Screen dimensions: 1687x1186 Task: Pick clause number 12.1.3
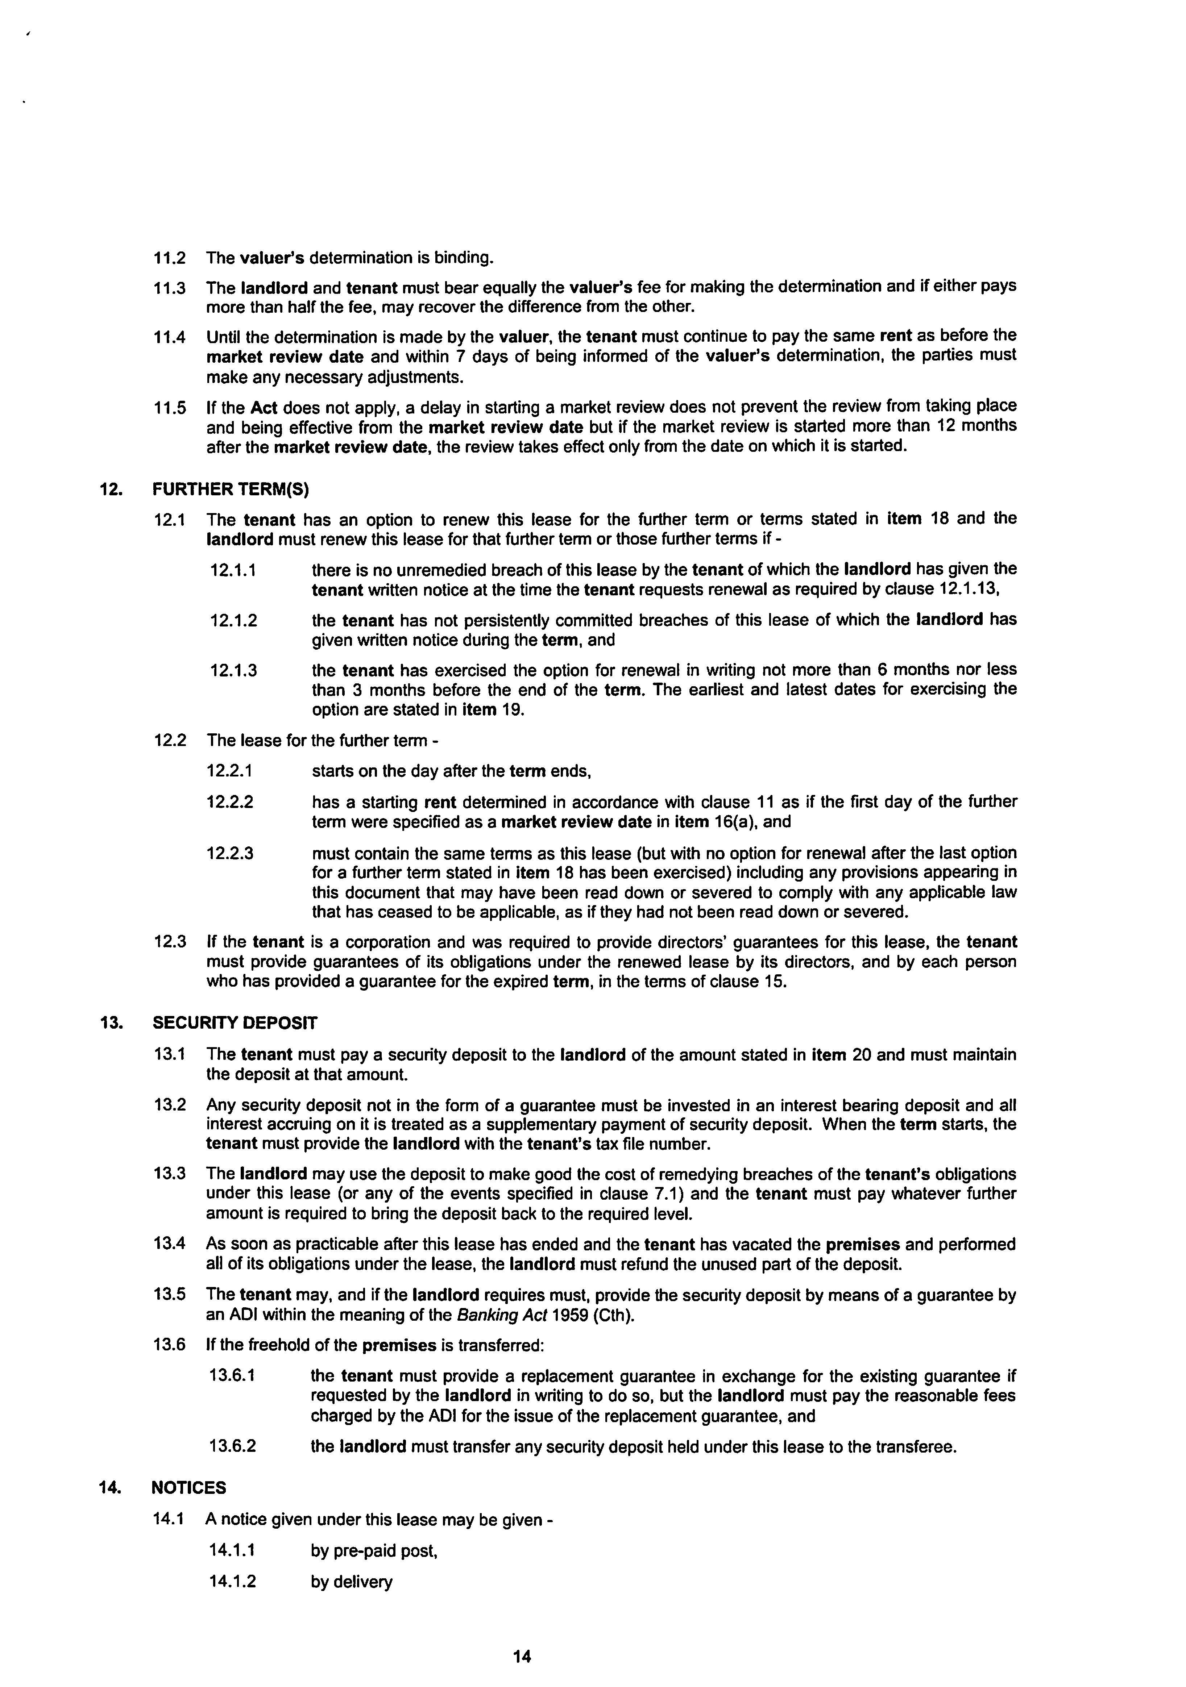coord(233,670)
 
